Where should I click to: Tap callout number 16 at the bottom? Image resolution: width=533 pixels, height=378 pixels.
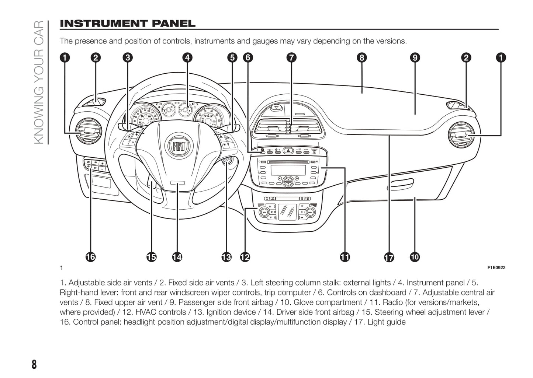point(90,257)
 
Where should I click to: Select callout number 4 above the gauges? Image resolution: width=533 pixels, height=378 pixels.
point(187,57)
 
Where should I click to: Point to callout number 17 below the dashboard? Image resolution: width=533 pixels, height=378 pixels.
point(389,257)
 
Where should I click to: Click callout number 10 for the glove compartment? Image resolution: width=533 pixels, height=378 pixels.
point(415,257)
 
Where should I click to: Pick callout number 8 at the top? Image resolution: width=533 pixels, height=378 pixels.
point(361,57)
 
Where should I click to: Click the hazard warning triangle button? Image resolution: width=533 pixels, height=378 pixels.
point(288,150)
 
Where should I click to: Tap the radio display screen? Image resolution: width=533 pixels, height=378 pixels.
point(288,170)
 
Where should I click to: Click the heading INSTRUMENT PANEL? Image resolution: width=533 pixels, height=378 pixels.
point(128,24)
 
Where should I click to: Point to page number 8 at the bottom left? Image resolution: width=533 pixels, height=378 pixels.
point(34,364)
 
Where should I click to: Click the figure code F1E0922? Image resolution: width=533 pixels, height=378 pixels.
point(496,268)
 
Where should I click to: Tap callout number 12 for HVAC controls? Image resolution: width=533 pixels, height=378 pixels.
point(245,257)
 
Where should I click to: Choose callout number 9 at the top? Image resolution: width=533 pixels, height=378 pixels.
point(415,57)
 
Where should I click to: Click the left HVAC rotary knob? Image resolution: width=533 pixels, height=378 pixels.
point(264,212)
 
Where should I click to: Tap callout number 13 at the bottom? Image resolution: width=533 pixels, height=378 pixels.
point(226,257)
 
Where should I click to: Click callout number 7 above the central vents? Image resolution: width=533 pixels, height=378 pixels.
point(291,57)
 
